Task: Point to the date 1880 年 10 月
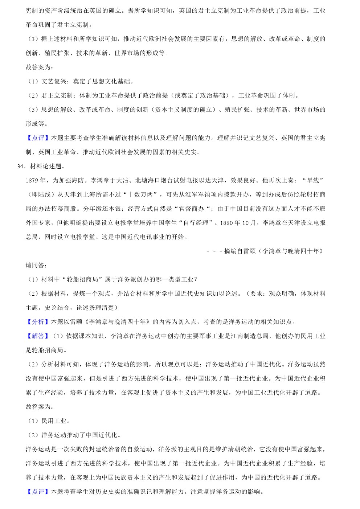click(238, 223)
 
